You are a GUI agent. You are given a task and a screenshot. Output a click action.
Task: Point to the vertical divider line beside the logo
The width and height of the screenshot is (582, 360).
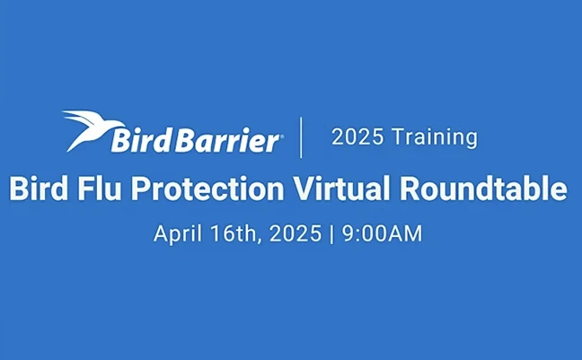coord(300,136)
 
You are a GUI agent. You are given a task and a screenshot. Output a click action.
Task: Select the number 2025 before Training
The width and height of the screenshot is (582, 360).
coord(356,137)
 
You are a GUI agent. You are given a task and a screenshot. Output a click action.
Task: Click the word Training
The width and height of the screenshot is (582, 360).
coord(432,137)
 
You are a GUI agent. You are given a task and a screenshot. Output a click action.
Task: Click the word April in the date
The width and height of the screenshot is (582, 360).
coord(175,234)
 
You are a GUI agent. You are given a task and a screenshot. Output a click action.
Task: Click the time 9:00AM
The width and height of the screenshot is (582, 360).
coord(383,233)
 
